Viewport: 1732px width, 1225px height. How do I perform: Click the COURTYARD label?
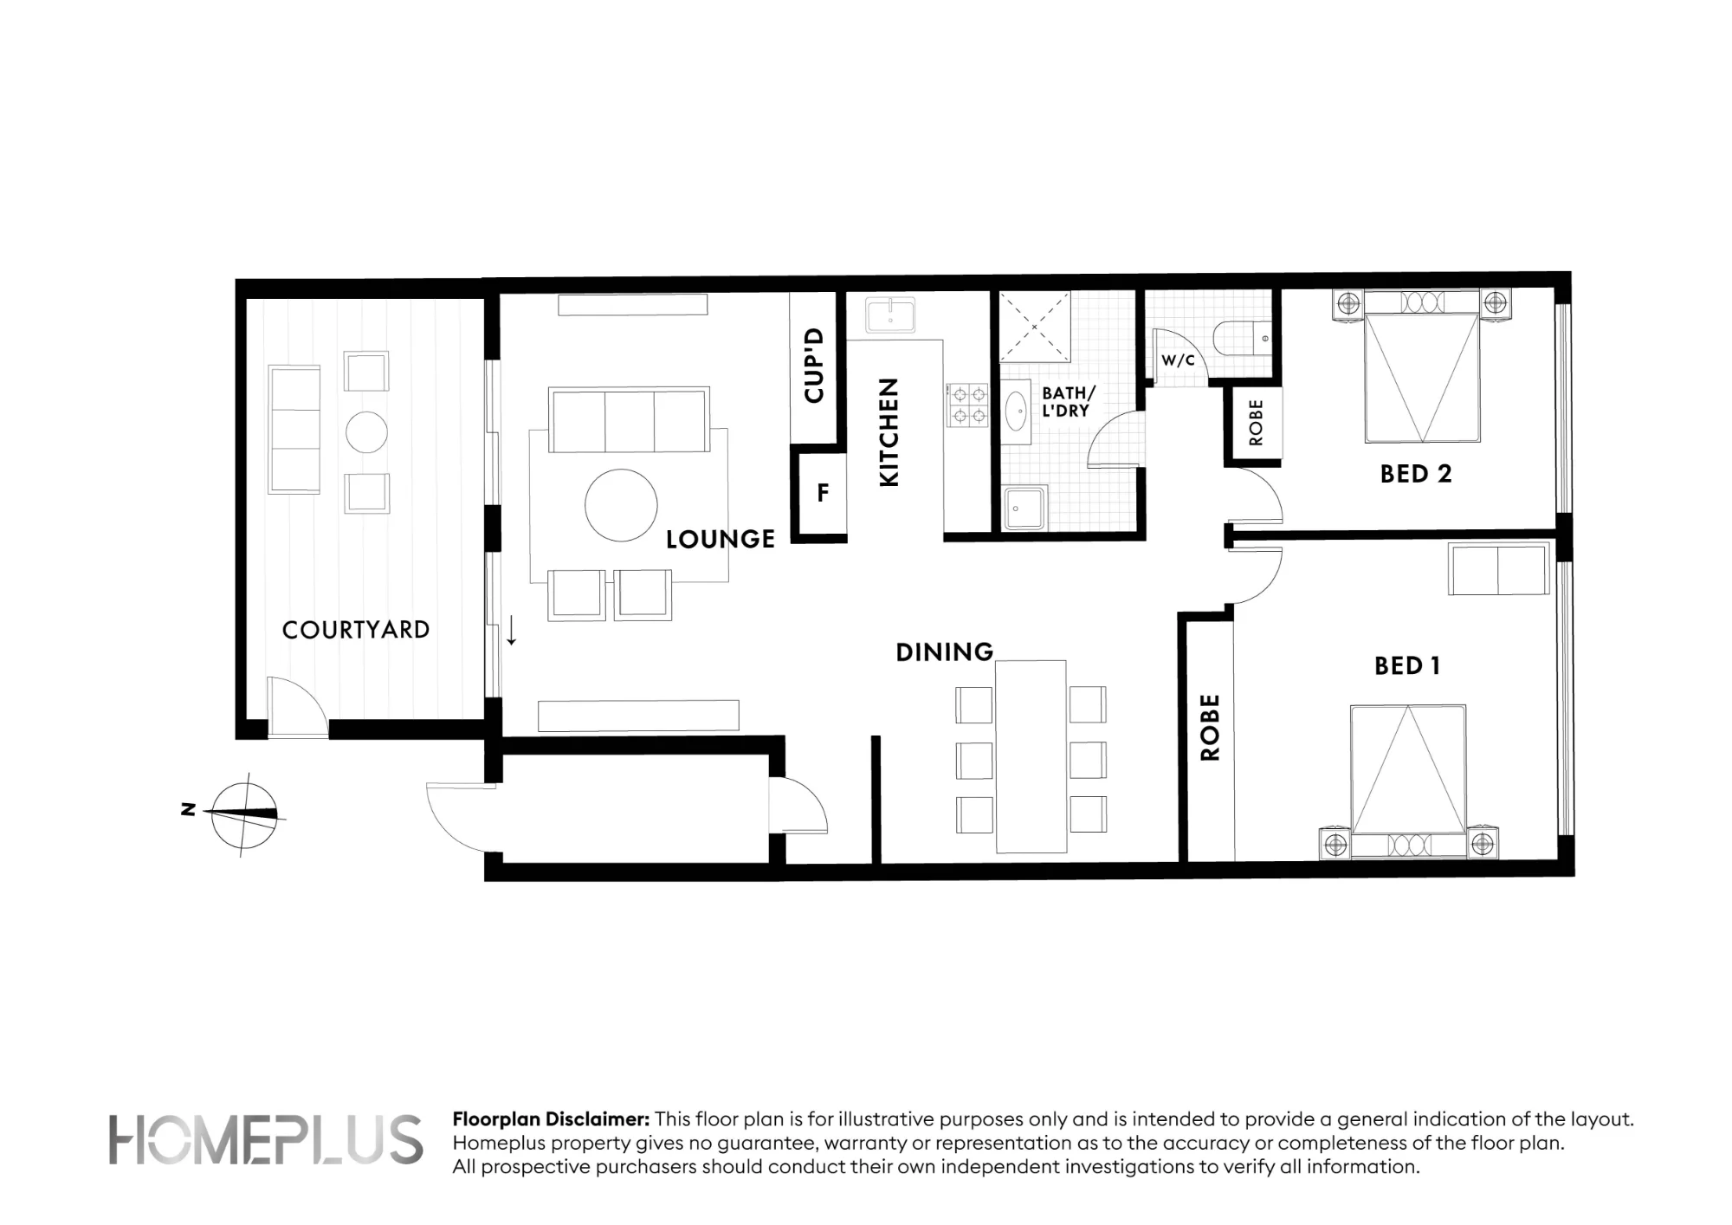coord(356,630)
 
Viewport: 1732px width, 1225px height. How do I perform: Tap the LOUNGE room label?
coord(721,540)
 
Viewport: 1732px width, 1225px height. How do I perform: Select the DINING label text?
coord(945,652)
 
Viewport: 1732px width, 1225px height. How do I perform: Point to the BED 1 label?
coord(1407,665)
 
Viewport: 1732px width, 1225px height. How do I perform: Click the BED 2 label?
coord(1416,474)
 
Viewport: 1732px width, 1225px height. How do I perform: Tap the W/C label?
coord(1178,360)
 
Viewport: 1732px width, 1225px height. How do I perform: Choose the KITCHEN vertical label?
coord(889,432)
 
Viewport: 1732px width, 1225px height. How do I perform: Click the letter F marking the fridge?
coord(823,493)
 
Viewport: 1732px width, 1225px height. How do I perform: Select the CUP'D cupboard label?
coord(813,366)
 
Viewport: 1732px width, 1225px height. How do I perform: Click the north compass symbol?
coord(245,814)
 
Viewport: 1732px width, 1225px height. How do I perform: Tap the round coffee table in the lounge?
coord(621,505)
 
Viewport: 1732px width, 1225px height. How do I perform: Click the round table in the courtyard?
coord(366,431)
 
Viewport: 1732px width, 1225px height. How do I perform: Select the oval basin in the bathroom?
coord(1016,412)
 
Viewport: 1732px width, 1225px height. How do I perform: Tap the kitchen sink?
coord(890,314)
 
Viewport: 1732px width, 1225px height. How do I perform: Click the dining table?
coord(1031,756)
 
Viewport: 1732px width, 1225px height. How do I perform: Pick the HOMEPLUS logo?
coord(266,1139)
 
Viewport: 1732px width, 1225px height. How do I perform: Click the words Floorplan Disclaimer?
coord(551,1119)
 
